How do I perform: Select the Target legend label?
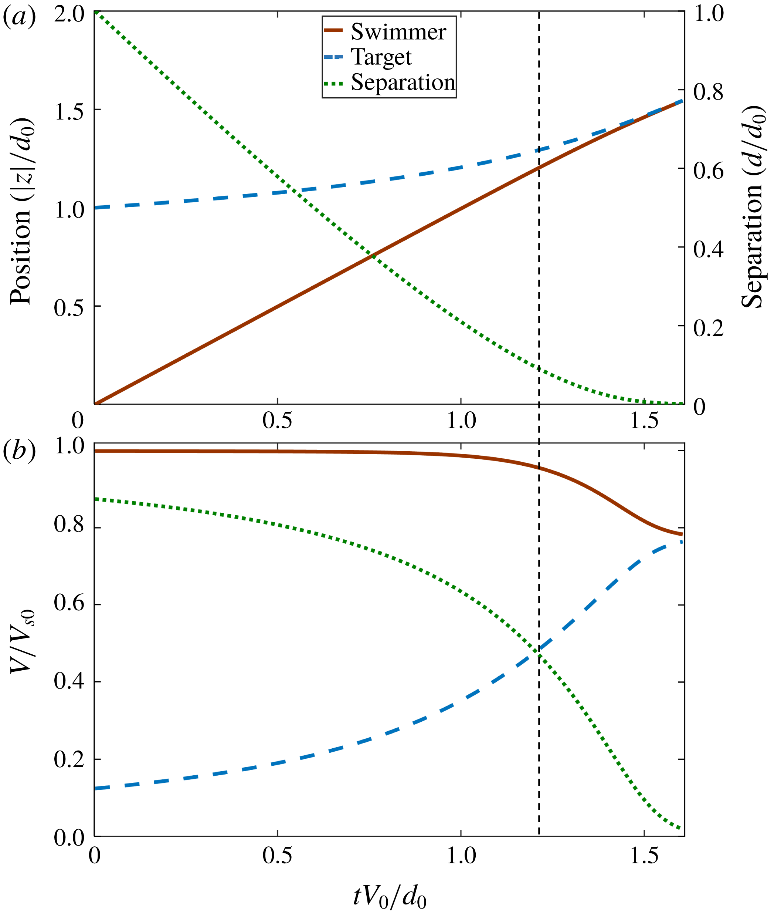coord(381,57)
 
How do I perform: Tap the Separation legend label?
coord(403,82)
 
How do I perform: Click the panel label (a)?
coord(19,17)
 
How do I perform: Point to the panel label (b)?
coord(19,451)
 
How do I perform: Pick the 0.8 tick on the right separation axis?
coord(708,92)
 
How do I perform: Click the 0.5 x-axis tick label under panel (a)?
coord(277,420)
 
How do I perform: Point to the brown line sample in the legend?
coord(333,31)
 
